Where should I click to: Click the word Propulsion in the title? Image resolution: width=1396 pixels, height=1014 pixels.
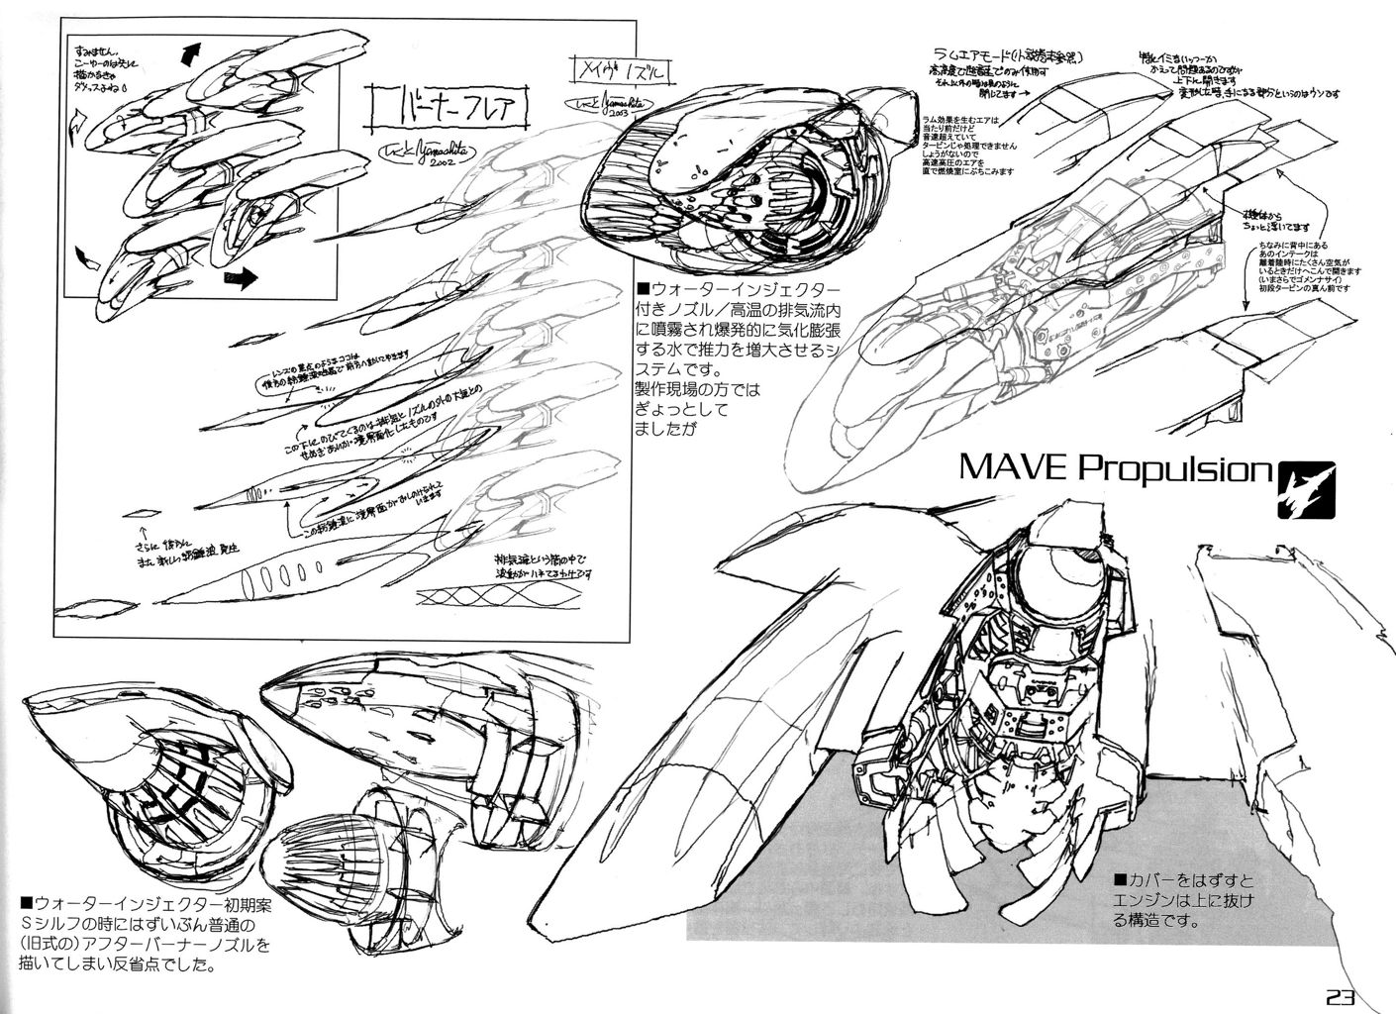click(x=1172, y=467)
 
